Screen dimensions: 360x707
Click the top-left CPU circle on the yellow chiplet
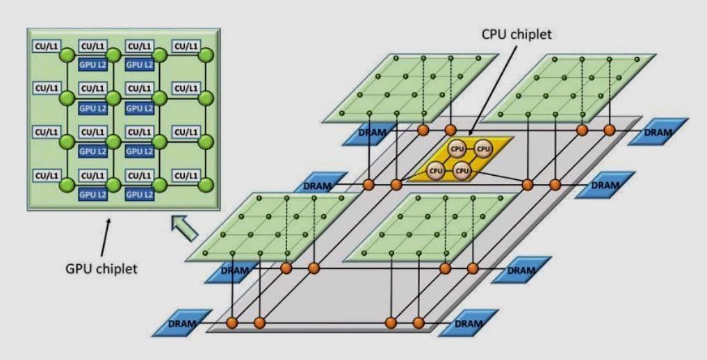point(457,149)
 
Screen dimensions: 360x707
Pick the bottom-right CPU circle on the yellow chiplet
point(464,170)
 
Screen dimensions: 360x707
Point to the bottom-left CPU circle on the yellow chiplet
point(436,170)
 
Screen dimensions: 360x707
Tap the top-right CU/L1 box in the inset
point(186,47)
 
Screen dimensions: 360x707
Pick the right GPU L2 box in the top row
point(138,65)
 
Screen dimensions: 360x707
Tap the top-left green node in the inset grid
point(67,56)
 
